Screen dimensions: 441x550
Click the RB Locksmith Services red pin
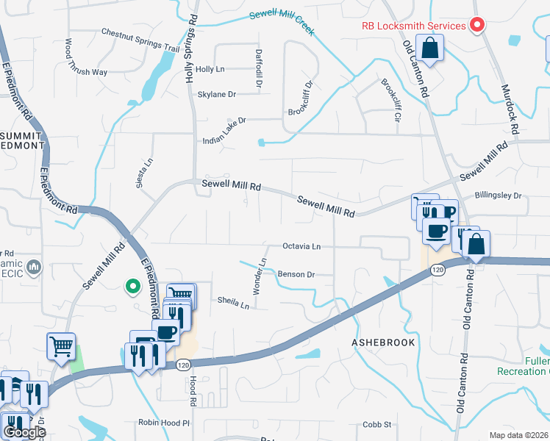pyautogui.click(x=476, y=26)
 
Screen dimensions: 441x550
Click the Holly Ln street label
pyautogui.click(x=210, y=69)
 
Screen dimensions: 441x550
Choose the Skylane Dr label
pyautogui.click(x=217, y=94)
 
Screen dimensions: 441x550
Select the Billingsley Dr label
pyautogui.click(x=498, y=196)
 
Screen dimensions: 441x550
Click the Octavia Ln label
pyautogui.click(x=301, y=246)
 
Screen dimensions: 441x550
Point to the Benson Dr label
pyautogui.click(x=296, y=274)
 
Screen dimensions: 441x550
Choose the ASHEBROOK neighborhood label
pyautogui.click(x=383, y=343)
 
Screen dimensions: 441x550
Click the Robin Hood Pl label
pyautogui.click(x=164, y=423)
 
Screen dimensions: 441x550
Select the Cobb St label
pyautogui.click(x=377, y=425)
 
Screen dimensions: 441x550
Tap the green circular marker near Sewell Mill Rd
pyautogui.click(x=132, y=286)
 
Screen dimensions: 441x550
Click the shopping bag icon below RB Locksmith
pyautogui.click(x=429, y=50)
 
